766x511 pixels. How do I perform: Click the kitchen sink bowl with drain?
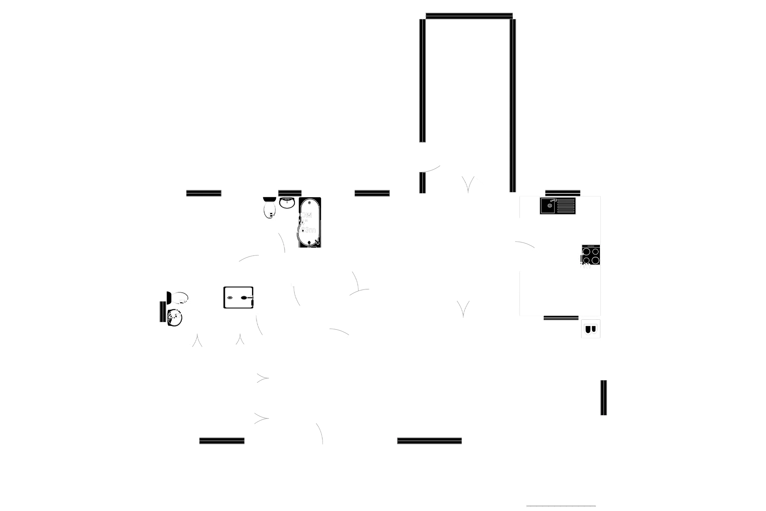pos(549,205)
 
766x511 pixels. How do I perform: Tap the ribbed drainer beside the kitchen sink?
pos(566,206)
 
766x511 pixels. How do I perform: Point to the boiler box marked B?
pos(591,329)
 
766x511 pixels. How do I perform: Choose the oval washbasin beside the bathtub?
pos(287,203)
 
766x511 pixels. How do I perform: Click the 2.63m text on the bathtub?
pos(308,230)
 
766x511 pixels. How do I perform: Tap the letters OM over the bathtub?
pos(306,215)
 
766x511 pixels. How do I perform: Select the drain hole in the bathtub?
pos(309,202)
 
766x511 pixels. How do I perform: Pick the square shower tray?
pos(238,297)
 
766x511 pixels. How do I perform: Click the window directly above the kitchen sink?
pos(563,193)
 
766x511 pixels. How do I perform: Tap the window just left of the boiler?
pos(561,318)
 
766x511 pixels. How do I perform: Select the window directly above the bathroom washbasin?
pos(289,192)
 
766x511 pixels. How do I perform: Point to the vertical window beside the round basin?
pos(162,312)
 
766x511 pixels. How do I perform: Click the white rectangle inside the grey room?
pos(470,106)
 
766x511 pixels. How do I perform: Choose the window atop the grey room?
pos(469,16)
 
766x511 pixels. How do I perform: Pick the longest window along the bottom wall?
pos(429,440)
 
